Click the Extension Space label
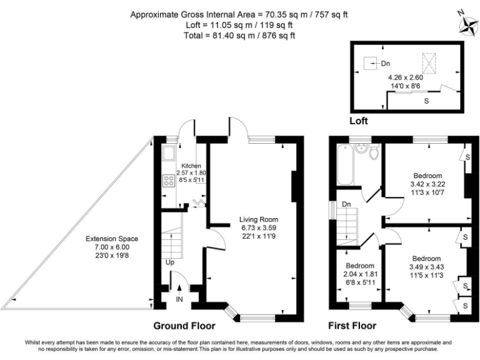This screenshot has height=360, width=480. (x=112, y=239)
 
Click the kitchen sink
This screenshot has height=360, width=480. (x=168, y=154)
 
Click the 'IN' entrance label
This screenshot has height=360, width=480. (x=180, y=300)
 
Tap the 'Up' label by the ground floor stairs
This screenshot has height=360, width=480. (x=169, y=262)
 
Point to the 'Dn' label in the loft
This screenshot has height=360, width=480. (x=385, y=63)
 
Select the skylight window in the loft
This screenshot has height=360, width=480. (x=429, y=62)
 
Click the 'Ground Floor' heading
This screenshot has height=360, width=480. (x=184, y=326)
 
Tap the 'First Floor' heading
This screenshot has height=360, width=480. (x=352, y=326)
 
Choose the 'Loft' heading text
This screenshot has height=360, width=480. (x=359, y=121)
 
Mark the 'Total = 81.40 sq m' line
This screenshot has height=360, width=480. (x=240, y=36)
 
